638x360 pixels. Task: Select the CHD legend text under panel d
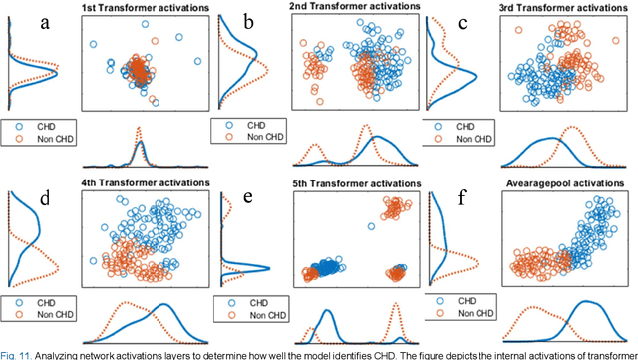pyautogui.click(x=51, y=301)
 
